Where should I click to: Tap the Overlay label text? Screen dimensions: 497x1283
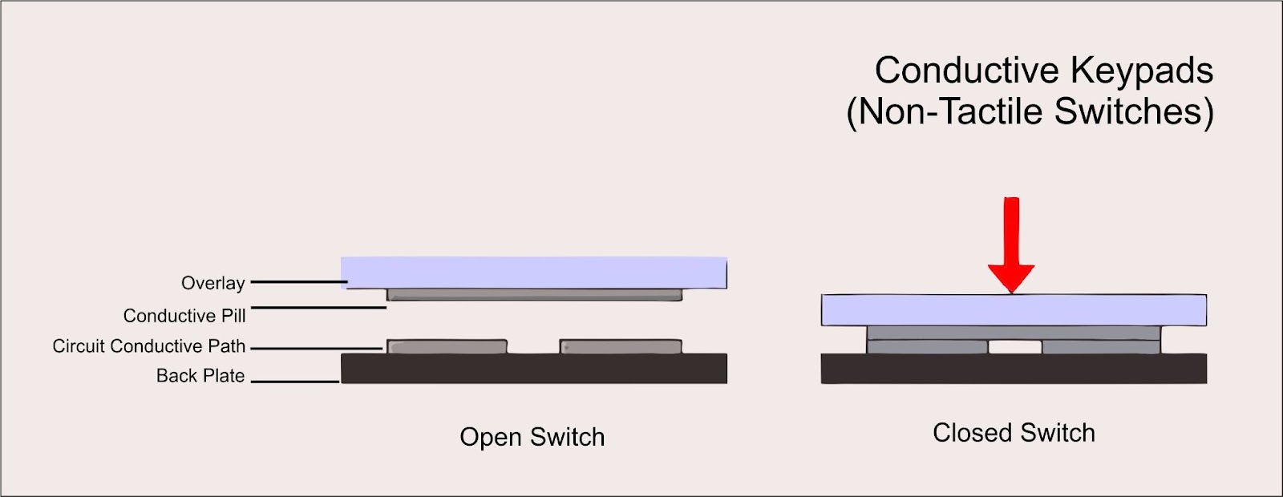[212, 283]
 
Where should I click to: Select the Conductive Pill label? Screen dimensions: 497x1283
[184, 316]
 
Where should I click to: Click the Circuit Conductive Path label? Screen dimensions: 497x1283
[149, 346]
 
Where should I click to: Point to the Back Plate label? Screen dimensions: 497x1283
[200, 376]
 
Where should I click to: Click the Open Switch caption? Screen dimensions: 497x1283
[532, 437]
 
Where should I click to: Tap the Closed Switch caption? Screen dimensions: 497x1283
[1014, 433]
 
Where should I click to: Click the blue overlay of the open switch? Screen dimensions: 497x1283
[534, 273]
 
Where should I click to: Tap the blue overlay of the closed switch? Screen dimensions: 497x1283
[1014, 309]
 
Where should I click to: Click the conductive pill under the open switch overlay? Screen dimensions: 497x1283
[534, 295]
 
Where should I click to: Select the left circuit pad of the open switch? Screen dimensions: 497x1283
[447, 347]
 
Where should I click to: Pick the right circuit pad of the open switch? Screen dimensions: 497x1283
[621, 347]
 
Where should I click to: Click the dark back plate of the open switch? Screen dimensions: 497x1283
[534, 369]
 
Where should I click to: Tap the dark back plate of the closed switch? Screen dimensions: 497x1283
[1014, 369]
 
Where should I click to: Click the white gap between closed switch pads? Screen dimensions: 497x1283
[1015, 346]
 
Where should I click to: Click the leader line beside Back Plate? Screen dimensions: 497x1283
[294, 382]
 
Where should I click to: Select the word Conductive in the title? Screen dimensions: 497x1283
[967, 71]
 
